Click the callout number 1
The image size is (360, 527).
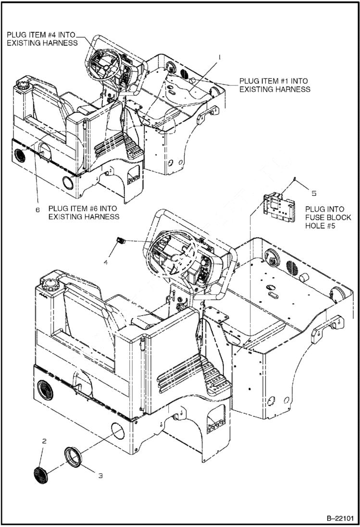click(x=219, y=57)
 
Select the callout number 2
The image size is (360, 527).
click(x=44, y=440)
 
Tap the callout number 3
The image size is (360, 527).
click(x=100, y=476)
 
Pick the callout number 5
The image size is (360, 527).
click(x=314, y=193)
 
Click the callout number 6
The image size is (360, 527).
click(x=37, y=210)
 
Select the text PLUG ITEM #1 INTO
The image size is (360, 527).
click(x=273, y=81)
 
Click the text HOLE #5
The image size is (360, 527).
click(x=321, y=226)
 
